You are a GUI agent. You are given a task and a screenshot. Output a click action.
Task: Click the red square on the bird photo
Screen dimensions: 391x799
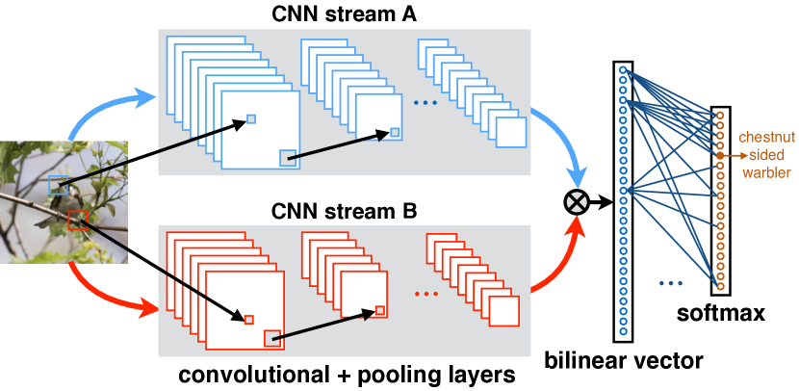pyautogui.click(x=78, y=221)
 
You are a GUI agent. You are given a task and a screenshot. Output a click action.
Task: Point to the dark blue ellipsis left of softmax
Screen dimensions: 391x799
pyautogui.click(x=670, y=283)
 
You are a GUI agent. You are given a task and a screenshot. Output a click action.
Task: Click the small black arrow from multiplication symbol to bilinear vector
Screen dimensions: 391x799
pyautogui.click(x=602, y=202)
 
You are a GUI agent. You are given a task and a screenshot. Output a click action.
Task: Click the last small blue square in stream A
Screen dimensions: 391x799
pyautogui.click(x=511, y=132)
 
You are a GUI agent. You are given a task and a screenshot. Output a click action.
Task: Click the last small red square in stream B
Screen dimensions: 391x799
pyautogui.click(x=503, y=311)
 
